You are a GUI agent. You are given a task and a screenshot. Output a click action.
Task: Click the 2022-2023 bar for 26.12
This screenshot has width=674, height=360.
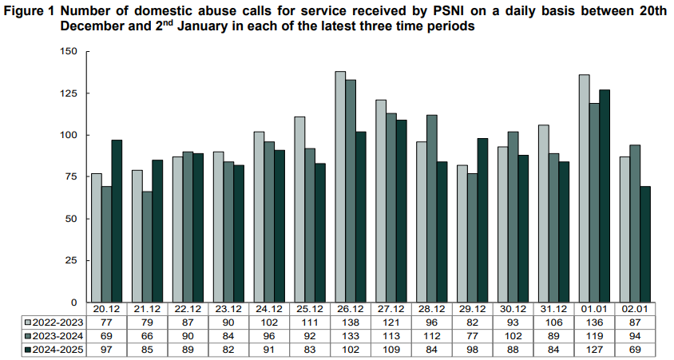340,188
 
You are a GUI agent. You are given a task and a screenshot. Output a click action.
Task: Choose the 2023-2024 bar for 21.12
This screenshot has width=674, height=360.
148,247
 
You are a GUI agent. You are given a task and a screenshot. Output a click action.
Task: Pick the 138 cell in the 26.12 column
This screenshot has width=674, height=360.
341,322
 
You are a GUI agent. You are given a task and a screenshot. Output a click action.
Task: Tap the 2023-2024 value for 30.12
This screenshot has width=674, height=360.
513,334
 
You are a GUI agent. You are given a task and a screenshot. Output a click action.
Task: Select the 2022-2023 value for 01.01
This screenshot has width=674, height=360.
595,322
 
